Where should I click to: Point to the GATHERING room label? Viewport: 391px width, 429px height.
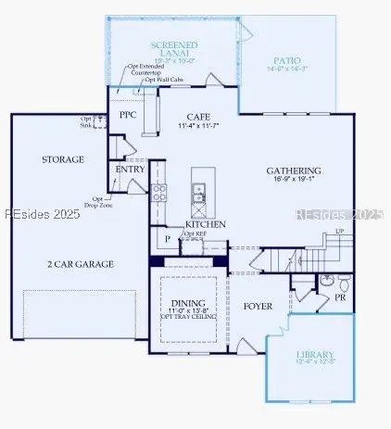pos(294,171)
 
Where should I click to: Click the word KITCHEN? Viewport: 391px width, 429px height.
pos(206,224)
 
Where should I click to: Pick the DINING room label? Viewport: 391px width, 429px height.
pos(189,305)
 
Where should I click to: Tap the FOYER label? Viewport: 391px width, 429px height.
pos(258,306)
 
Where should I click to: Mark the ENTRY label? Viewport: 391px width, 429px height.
pos(129,170)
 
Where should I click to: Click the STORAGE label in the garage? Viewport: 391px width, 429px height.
pos(63,159)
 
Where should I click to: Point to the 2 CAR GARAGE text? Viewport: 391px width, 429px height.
pos(82,264)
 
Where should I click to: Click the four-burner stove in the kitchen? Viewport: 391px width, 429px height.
pos(158,193)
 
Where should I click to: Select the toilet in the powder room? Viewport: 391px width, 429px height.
pos(344,281)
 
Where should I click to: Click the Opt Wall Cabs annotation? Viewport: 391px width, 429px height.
pos(163,81)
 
